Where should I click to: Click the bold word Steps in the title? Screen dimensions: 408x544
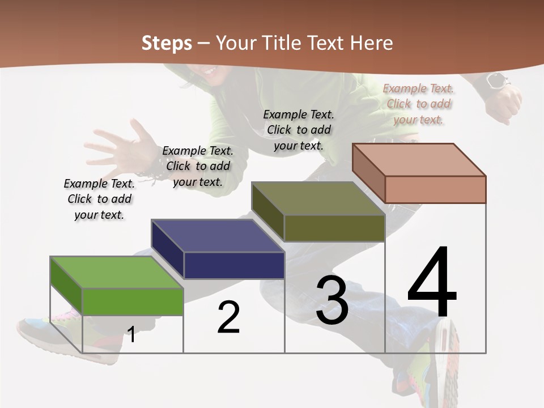click(x=167, y=43)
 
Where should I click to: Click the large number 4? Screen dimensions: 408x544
click(x=432, y=283)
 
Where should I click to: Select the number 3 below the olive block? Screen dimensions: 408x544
click(x=332, y=300)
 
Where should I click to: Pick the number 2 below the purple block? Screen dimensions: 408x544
click(x=228, y=318)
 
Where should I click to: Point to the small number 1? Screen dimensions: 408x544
click(x=131, y=334)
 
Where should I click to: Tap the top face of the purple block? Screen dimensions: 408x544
click(x=217, y=235)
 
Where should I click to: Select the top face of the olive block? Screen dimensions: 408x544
click(x=318, y=198)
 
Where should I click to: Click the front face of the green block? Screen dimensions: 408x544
click(x=133, y=301)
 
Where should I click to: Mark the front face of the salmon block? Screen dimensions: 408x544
click(x=435, y=189)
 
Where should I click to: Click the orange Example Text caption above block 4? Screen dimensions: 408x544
click(x=418, y=104)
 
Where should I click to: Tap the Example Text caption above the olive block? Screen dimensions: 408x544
click(x=299, y=130)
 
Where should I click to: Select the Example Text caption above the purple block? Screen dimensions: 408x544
click(x=198, y=166)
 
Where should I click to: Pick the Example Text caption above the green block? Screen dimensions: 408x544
click(x=99, y=199)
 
